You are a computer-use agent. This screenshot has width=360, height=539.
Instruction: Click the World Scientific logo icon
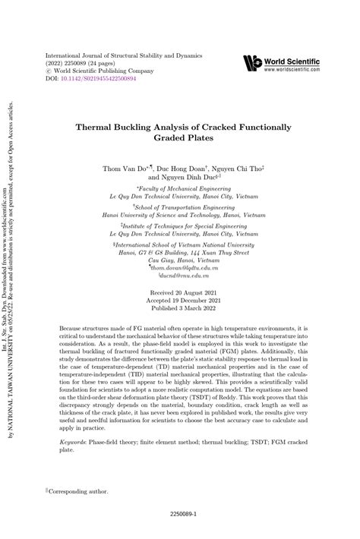coord(252,63)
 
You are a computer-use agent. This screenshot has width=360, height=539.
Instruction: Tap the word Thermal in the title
coord(97,128)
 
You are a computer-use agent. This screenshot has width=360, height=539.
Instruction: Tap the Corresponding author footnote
coord(79,491)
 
